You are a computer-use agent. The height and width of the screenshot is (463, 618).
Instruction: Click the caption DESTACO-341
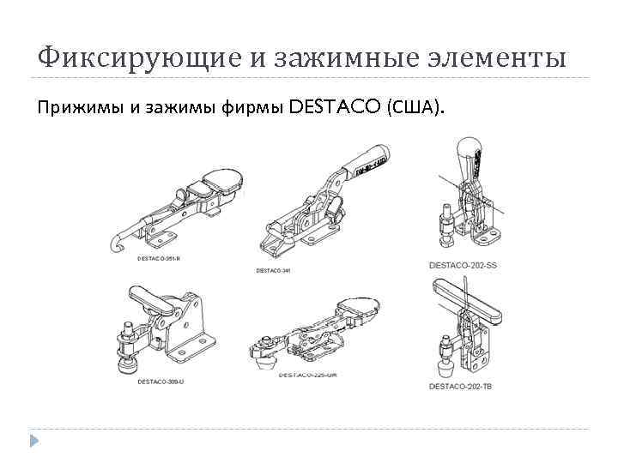click(x=274, y=270)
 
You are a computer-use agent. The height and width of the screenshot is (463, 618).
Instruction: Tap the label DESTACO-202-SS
click(x=463, y=266)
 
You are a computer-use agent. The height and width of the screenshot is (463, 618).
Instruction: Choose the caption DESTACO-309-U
click(x=161, y=381)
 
